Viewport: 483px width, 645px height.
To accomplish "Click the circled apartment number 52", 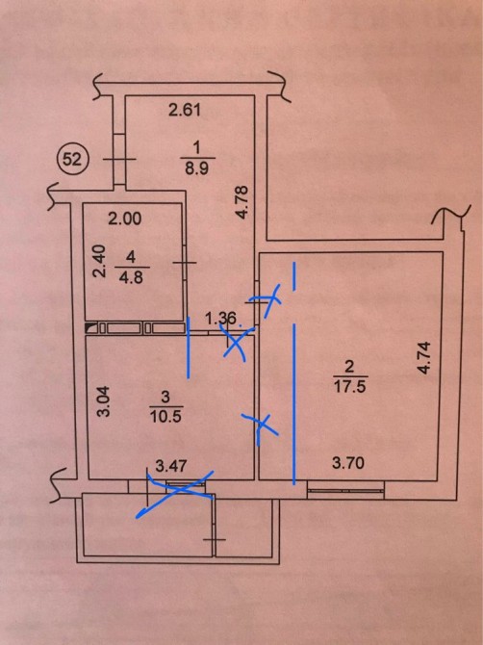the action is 73,159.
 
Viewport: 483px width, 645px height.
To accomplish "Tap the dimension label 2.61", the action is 185,111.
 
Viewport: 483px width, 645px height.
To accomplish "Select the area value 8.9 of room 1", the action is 196,168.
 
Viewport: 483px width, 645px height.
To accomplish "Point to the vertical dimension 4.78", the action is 243,202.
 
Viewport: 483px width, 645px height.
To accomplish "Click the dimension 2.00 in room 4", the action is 125,219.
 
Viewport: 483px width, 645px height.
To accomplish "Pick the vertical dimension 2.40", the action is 99,261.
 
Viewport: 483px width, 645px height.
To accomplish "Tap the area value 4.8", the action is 131,277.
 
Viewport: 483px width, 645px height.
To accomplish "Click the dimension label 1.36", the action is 221,318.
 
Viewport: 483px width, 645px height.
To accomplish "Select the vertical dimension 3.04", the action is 105,401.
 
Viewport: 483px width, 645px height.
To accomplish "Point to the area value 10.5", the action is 166,417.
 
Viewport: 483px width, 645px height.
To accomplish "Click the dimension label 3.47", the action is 171,466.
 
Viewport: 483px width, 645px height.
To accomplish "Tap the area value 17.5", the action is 350,387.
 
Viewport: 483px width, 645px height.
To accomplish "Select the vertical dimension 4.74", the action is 423,357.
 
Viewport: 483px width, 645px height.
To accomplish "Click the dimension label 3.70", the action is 348,463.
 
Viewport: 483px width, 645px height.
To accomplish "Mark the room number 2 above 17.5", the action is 349,366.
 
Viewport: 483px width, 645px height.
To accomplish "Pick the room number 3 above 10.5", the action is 165,398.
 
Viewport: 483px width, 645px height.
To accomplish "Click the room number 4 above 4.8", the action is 131,257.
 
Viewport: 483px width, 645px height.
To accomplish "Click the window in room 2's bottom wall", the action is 345,490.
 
